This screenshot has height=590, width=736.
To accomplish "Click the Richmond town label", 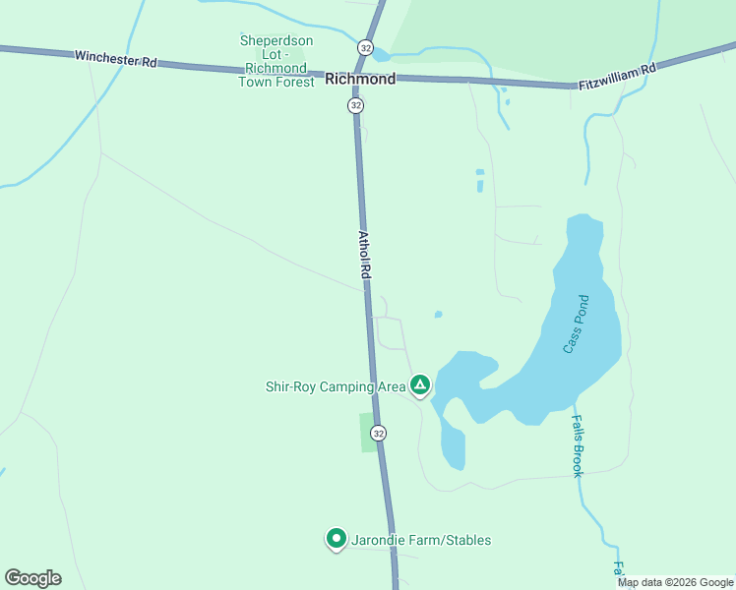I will (x=360, y=79).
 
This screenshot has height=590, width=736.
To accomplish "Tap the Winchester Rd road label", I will (x=116, y=59).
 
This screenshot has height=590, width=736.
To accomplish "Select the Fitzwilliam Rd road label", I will (x=617, y=76).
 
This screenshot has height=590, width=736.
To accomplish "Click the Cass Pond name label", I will (x=576, y=324).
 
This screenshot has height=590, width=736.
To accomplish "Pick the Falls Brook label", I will (x=578, y=445).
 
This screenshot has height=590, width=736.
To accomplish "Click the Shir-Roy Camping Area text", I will (x=336, y=386).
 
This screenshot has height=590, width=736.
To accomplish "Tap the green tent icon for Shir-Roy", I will (x=420, y=385).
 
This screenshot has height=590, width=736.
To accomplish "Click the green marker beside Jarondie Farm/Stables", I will (x=337, y=539).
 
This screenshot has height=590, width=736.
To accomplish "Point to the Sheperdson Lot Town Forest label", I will (x=277, y=61).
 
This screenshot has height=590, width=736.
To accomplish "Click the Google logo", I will (x=32, y=578).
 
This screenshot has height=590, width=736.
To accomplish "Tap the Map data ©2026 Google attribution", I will (x=676, y=582).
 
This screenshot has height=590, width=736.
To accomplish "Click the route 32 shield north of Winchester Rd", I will (x=366, y=47).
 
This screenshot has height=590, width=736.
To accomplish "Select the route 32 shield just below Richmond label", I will (x=356, y=104).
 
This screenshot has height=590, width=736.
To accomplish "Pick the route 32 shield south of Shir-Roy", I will (x=379, y=433).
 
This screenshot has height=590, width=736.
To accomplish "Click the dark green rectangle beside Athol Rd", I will (x=368, y=433).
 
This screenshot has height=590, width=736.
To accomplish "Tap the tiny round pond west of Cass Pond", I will (x=438, y=315).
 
